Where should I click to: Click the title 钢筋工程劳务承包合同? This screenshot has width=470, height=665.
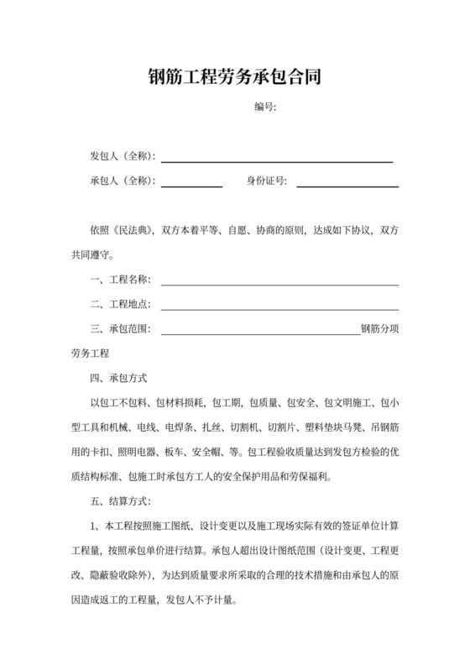(x=234, y=79)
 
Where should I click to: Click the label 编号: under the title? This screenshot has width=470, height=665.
(x=266, y=107)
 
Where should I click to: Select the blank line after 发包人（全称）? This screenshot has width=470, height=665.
(x=277, y=160)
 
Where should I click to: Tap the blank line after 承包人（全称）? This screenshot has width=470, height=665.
(x=191, y=184)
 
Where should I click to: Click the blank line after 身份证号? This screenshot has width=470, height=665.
(x=347, y=184)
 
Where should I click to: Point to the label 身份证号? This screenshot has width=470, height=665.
(x=267, y=181)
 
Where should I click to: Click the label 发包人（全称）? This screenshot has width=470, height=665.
(x=123, y=157)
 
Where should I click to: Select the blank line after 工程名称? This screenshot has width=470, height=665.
(x=279, y=283)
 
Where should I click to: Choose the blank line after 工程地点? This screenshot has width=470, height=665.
(x=279, y=306)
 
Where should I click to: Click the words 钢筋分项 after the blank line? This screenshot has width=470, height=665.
(x=379, y=328)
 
